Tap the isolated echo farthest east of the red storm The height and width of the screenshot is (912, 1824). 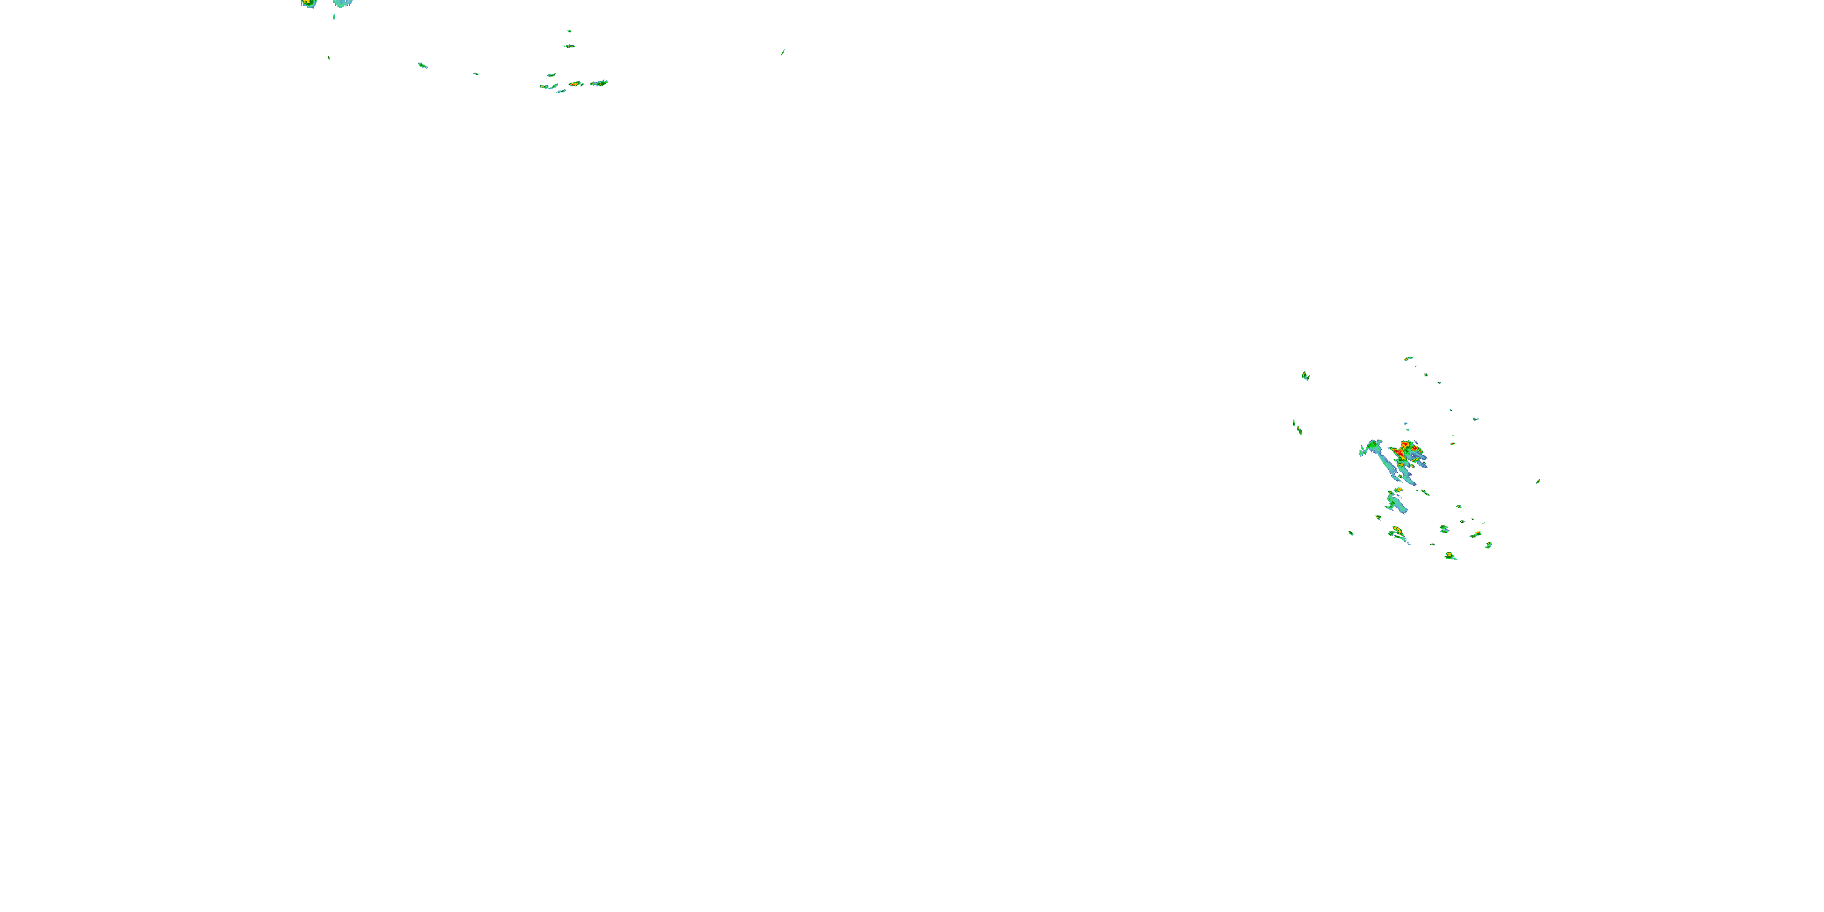click(1538, 482)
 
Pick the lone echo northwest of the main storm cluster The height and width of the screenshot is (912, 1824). click(1305, 375)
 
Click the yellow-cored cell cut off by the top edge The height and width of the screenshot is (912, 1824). click(308, 3)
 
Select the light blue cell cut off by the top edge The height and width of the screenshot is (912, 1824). click(344, 3)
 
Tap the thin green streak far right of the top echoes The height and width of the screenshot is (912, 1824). click(782, 52)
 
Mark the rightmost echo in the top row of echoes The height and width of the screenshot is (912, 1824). click(599, 83)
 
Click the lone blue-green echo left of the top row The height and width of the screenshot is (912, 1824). click(423, 65)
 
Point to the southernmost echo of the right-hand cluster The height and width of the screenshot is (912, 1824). click(1450, 556)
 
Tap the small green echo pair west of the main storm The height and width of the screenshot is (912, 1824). click(1297, 427)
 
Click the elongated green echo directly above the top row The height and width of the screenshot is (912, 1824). click(569, 46)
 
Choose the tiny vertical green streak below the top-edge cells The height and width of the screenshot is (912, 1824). click(334, 16)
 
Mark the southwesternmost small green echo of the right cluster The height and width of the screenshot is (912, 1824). click(1351, 533)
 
